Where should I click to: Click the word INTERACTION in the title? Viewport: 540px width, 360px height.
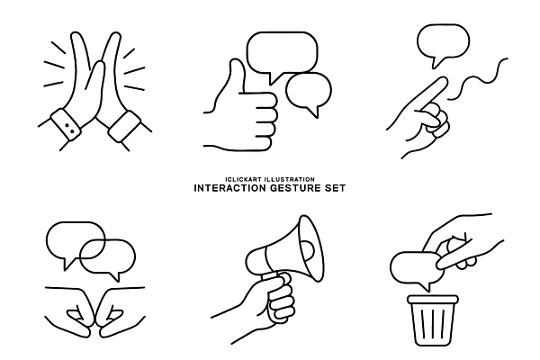[x=230, y=188]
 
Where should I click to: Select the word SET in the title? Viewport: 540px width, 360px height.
[x=335, y=188]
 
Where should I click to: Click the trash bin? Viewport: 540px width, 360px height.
[x=433, y=320]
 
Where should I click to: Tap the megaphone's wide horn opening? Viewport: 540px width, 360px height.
[x=311, y=248]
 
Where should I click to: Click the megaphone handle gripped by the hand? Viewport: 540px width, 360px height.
[x=275, y=280]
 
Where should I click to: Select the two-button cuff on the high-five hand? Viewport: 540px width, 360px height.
[x=66, y=124]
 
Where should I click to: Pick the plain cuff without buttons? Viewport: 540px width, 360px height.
[x=125, y=126]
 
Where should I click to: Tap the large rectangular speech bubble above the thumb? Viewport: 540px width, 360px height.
[x=282, y=55]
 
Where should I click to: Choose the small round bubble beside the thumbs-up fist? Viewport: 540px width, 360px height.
[x=309, y=94]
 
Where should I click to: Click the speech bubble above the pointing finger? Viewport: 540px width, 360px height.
[x=443, y=44]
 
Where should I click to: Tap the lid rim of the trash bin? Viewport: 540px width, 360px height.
[x=433, y=299]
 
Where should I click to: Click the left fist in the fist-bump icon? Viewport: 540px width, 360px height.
[x=77, y=311]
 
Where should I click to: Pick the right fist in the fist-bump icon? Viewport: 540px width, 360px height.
[x=117, y=311]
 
